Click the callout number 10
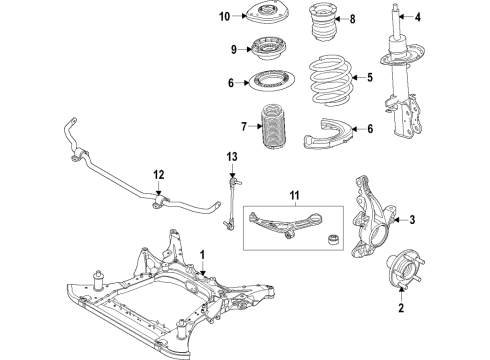[225, 16]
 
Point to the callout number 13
[232, 157]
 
